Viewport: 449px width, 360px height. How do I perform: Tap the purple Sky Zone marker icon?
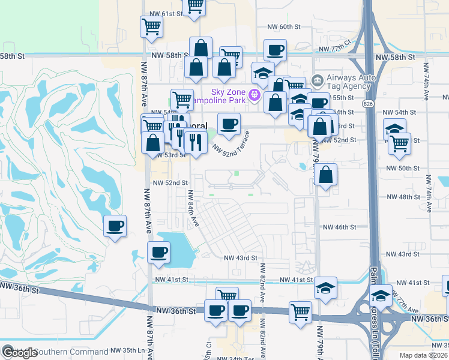click(x=254, y=95)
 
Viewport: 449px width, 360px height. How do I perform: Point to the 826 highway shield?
click(x=367, y=104)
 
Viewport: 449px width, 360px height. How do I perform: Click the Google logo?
click(x=19, y=353)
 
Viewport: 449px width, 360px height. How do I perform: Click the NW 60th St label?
click(x=281, y=27)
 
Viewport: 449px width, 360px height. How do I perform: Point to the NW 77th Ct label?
click(x=335, y=49)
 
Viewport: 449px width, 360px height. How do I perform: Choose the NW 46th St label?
click(x=340, y=227)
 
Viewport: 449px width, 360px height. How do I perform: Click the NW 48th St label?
click(x=402, y=197)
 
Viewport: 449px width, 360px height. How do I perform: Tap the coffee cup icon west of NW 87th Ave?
click(x=115, y=226)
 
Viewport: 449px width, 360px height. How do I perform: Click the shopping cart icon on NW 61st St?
click(x=194, y=6)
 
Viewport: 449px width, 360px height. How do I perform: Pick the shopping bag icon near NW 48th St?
click(x=325, y=175)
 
